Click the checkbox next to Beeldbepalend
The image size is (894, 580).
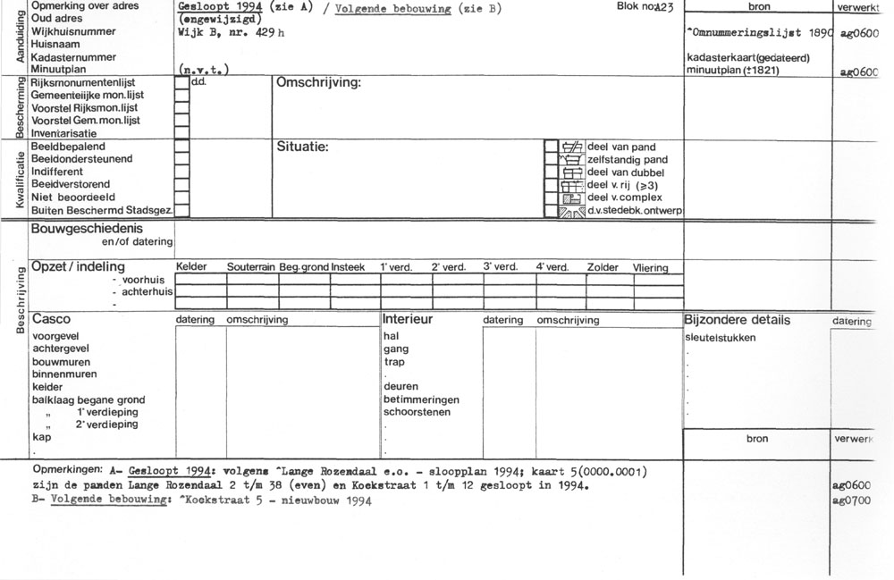click(181, 147)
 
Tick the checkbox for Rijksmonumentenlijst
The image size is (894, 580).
click(181, 82)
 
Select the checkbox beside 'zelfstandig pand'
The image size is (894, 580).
click(552, 159)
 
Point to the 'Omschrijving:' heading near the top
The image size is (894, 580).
click(318, 83)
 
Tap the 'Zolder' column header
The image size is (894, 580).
click(603, 267)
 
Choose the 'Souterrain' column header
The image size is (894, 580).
click(252, 267)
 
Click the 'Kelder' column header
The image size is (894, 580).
click(192, 267)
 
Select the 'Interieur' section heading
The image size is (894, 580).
click(408, 319)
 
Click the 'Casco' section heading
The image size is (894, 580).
click(51, 319)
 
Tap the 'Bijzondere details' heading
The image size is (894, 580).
click(737, 319)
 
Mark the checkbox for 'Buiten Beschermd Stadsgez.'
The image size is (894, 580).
click(181, 211)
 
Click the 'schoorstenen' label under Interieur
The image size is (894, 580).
click(417, 412)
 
